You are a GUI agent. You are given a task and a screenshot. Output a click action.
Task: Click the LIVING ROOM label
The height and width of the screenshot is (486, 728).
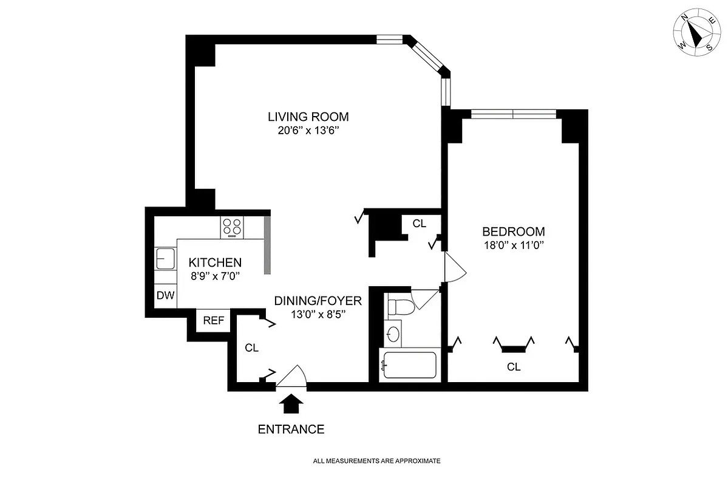click(308, 117)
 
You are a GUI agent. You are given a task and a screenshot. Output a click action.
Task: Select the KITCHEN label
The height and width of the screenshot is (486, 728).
click(215, 263)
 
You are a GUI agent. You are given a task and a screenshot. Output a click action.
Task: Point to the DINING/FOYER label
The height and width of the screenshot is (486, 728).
click(318, 301)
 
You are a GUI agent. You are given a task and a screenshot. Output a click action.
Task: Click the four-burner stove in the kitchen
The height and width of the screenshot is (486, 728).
click(232, 227)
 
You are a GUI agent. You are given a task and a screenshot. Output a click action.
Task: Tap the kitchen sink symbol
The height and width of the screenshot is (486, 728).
click(164, 259)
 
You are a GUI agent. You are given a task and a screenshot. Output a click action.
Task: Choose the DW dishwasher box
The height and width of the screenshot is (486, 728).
click(166, 296)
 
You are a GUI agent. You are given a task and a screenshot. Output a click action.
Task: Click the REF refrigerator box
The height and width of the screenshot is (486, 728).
click(213, 321)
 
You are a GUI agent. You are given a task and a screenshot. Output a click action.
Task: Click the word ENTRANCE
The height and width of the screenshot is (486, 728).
click(291, 430)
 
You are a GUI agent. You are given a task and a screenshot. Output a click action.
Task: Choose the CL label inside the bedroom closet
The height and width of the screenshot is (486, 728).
click(514, 367)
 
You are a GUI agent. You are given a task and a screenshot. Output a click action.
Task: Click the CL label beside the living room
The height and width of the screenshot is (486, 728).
click(419, 224)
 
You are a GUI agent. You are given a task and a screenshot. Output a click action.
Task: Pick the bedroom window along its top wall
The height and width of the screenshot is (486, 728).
click(513, 114)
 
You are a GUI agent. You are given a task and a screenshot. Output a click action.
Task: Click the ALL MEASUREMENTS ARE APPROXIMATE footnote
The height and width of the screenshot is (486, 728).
click(376, 461)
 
